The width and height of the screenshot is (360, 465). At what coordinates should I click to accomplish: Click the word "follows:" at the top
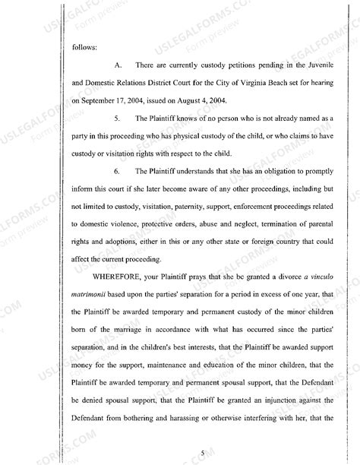tap(83, 47)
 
